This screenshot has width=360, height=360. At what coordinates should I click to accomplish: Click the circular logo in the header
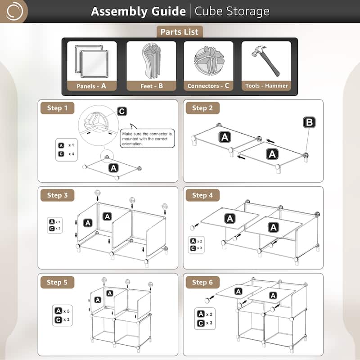(x=14, y=11)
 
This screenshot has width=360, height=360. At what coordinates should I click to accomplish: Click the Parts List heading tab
(x=179, y=32)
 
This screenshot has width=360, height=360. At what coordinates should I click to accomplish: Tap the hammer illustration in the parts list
(x=265, y=61)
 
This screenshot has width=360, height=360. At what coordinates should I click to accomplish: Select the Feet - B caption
(x=152, y=86)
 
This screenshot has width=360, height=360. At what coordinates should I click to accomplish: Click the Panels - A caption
(x=92, y=86)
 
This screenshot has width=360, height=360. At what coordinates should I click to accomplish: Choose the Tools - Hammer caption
(x=266, y=85)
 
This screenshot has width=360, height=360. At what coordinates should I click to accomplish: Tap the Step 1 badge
(x=57, y=108)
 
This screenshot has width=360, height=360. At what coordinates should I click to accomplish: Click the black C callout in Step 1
(x=122, y=111)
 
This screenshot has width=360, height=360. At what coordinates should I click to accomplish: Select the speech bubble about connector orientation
(x=147, y=138)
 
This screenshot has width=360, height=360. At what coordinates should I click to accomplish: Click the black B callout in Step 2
(x=309, y=122)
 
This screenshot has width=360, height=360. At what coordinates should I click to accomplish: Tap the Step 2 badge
(x=202, y=108)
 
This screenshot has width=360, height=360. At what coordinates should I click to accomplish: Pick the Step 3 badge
(x=57, y=195)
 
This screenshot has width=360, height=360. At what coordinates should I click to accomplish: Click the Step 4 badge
(x=202, y=195)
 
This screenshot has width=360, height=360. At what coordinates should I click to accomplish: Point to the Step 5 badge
(x=57, y=282)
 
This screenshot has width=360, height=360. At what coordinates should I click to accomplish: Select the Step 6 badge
(x=202, y=282)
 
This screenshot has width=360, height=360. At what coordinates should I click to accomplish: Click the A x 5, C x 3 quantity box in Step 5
(x=62, y=315)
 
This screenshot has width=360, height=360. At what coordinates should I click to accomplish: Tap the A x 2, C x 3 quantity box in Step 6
(x=205, y=319)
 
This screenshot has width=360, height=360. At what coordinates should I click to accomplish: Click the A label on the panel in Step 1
(x=113, y=168)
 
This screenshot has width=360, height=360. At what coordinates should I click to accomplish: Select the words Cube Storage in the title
(x=232, y=11)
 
